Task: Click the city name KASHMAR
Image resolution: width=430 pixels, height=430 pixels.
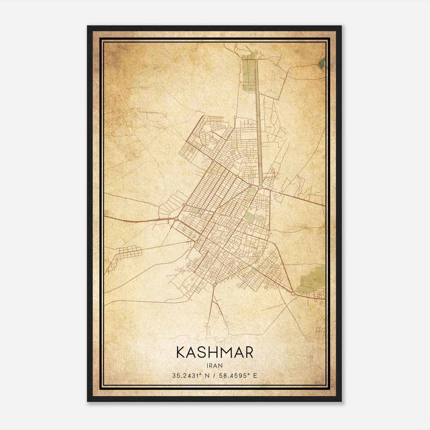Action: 214,353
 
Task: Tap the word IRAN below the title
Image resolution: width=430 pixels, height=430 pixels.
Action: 214,365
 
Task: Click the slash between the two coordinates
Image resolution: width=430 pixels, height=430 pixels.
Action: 214,375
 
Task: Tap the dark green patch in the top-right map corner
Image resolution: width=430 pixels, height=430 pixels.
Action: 321,63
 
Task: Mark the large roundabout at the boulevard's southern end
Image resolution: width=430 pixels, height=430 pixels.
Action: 260,187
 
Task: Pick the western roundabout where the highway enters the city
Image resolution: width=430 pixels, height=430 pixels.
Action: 176,218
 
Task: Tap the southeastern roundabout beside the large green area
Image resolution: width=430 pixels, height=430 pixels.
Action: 293,293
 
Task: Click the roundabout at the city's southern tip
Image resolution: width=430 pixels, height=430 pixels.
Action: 214,285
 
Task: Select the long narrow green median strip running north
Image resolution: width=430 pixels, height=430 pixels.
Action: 258,121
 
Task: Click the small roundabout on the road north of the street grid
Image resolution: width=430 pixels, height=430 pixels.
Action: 235,117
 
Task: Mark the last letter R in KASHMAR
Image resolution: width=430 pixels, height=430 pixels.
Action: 249,353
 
